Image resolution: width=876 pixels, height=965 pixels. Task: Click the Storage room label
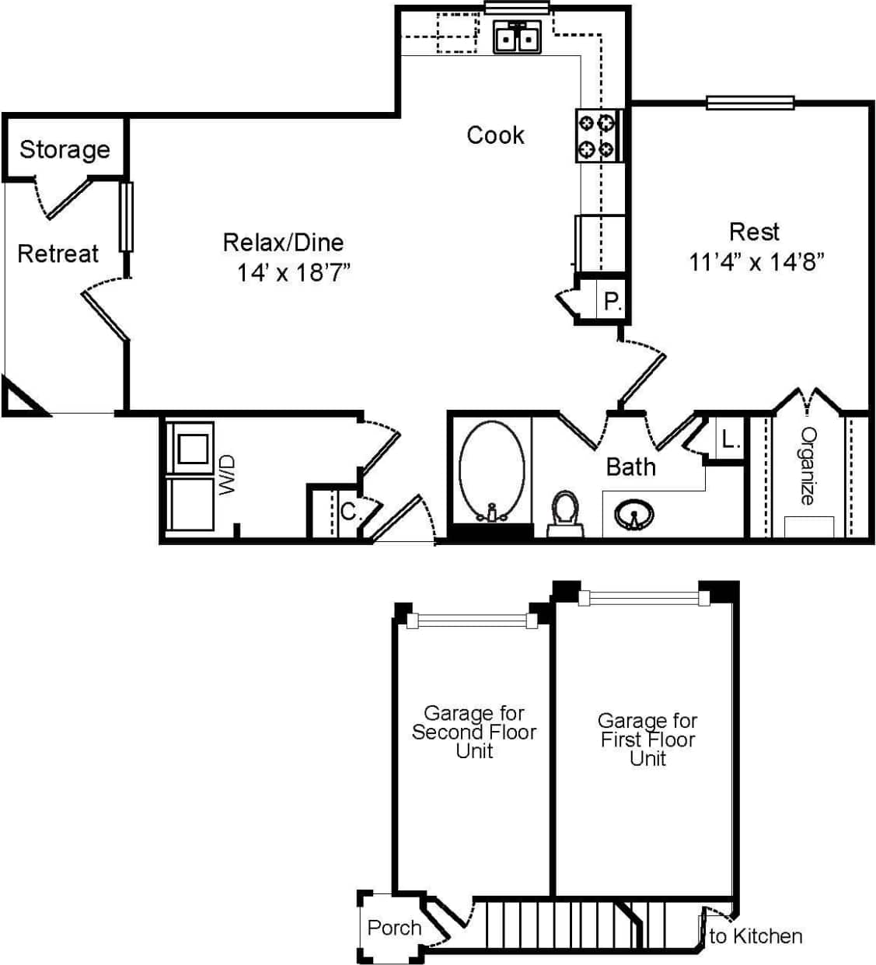coord(65,149)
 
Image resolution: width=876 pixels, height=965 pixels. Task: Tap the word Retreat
coord(58,253)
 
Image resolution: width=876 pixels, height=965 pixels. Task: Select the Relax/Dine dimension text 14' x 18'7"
coord(294,273)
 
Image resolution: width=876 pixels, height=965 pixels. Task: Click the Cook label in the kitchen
coord(495,135)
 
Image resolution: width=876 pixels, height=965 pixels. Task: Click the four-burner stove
coord(597,135)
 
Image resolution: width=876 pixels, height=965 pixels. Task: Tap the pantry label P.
coord(613,301)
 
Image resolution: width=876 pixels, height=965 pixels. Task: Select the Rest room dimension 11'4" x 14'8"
coord(756,261)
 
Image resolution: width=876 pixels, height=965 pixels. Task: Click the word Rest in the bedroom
coord(754,232)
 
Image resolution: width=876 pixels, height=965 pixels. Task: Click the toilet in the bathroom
coord(565,512)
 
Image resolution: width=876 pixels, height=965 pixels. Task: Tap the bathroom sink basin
coord(633,515)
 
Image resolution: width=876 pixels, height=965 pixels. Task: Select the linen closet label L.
coord(730,440)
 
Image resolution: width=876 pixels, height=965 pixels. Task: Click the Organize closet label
coord(809,467)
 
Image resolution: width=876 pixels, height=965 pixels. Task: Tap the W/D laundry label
coord(227,475)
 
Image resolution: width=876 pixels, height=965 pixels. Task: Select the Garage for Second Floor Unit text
coord(474,732)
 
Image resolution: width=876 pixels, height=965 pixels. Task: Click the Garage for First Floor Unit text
coord(647,739)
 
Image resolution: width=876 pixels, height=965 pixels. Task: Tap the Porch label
coord(394,928)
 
